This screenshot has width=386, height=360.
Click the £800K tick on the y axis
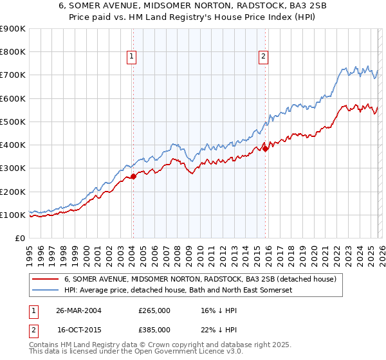point(13,52)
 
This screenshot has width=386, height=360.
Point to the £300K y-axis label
point(13,168)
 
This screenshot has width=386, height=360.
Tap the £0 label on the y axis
point(19,239)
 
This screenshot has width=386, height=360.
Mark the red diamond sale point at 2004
point(133,176)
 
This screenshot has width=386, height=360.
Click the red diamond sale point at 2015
point(265,148)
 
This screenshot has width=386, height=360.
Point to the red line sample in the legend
point(46,280)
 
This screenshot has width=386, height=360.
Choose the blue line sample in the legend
point(46,291)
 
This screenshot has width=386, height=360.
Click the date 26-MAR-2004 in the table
point(78,310)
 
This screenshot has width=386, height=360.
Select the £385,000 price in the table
point(154,329)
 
